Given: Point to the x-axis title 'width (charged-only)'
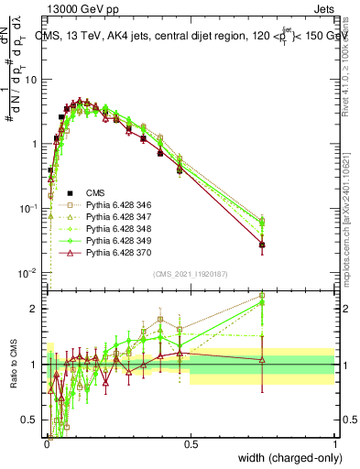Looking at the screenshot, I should pyautogui.click(x=286, y=456).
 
